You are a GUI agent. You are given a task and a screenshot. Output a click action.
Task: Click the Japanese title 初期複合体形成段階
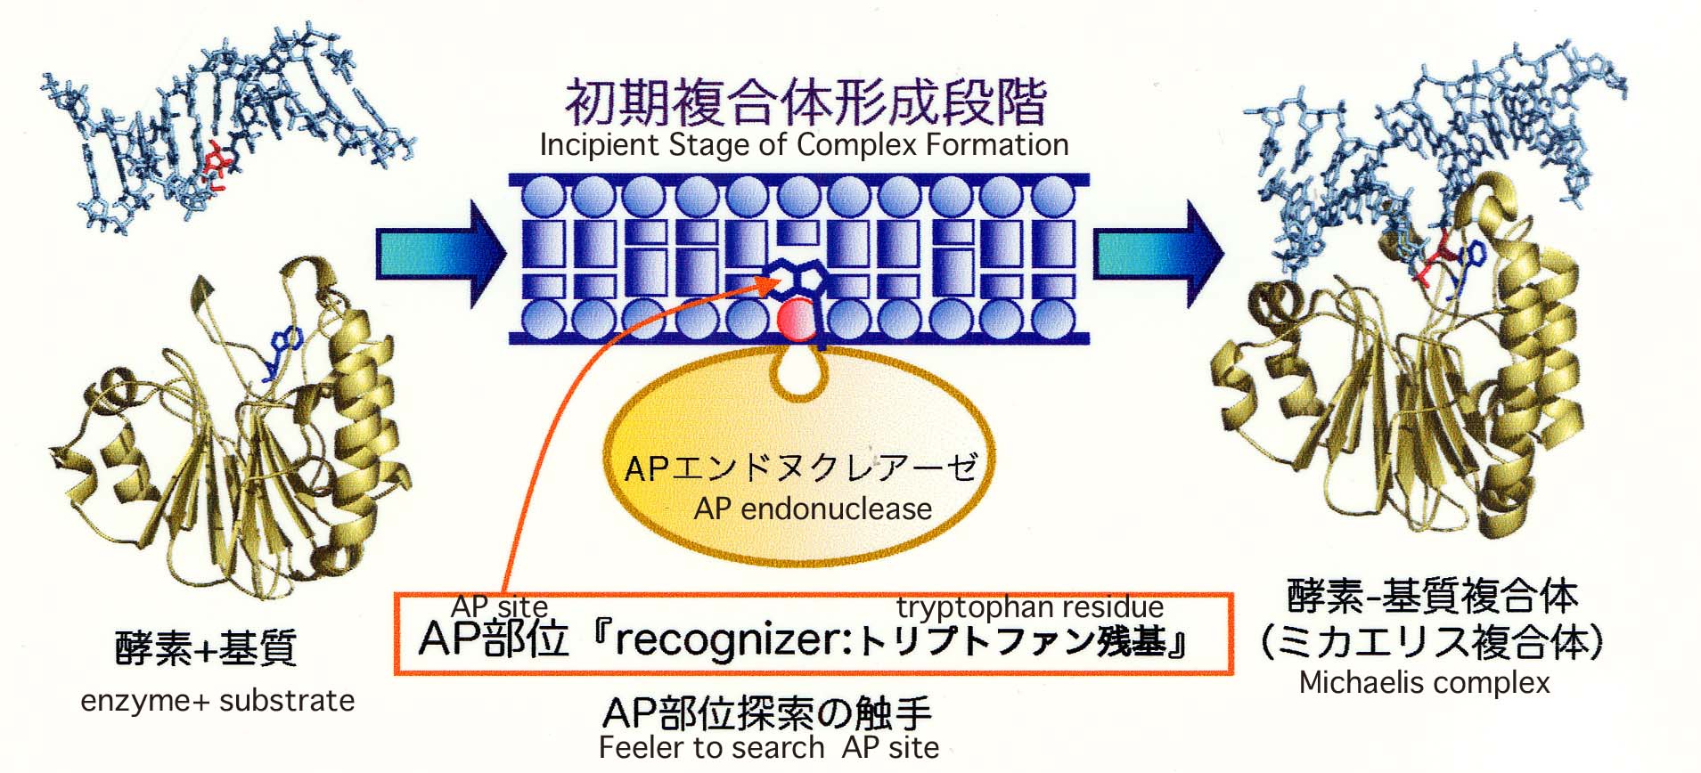[806, 103]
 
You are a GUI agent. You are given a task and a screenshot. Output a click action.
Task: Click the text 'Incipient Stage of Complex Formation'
[804, 145]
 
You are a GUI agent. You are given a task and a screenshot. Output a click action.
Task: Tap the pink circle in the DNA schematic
[797, 321]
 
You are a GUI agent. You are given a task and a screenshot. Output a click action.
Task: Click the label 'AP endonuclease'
[813, 509]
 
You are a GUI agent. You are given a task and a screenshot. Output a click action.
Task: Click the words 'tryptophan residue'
[1030, 607]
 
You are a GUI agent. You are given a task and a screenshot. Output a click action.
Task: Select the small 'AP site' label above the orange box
[499, 606]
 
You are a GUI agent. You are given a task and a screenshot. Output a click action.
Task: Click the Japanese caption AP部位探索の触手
[767, 712]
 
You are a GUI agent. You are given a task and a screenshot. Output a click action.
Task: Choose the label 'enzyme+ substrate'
[217, 701]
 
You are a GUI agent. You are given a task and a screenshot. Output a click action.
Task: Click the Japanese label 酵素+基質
[206, 648]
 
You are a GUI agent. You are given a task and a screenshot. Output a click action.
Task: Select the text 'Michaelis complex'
[1425, 683]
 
